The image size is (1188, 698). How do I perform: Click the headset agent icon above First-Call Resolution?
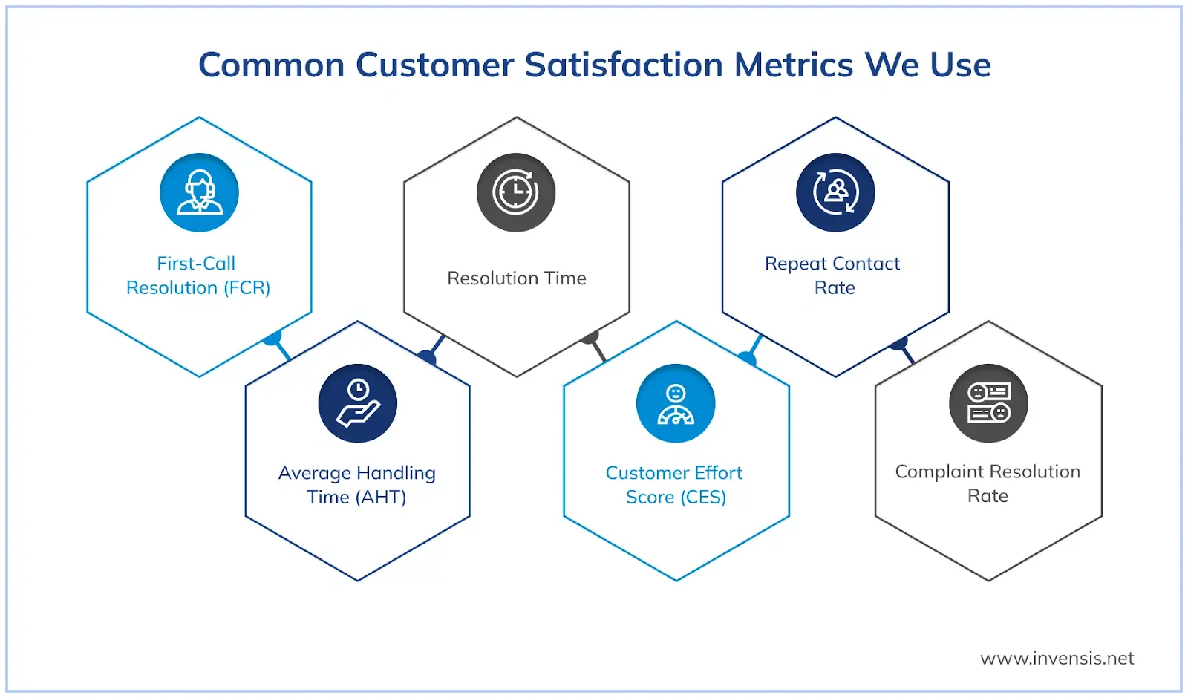[199, 192]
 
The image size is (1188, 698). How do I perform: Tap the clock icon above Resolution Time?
[516, 192]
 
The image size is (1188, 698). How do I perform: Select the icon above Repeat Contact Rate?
[835, 192]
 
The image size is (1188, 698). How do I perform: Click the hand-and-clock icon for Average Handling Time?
[358, 403]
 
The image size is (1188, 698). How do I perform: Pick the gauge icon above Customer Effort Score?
[676, 403]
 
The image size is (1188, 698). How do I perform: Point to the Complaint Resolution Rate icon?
[988, 403]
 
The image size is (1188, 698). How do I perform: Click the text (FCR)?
[247, 288]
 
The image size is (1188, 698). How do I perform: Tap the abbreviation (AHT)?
[381, 498]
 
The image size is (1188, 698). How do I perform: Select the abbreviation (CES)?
[701, 498]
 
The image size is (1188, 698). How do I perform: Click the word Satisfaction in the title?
[624, 65]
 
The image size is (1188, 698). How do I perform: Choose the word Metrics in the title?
[794, 65]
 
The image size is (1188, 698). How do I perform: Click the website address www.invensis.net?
[1057, 659]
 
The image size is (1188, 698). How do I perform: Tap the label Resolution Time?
[516, 278]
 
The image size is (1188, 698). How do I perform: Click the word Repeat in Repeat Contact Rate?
[796, 264]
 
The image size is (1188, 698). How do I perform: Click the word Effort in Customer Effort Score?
[719, 473]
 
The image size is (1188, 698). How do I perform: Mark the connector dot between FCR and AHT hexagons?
[272, 339]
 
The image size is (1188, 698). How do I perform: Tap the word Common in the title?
[272, 65]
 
